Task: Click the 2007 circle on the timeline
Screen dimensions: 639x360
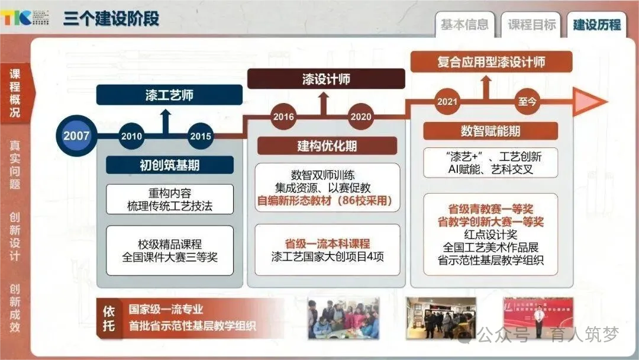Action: click(x=76, y=136)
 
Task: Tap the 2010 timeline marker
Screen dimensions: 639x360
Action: click(x=131, y=136)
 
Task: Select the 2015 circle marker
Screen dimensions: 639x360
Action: click(x=201, y=136)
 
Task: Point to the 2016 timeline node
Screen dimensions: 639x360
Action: click(x=283, y=117)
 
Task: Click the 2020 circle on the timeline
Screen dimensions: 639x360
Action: click(x=361, y=117)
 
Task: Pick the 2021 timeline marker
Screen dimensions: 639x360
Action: click(x=447, y=101)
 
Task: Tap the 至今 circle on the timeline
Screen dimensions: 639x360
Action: click(x=527, y=101)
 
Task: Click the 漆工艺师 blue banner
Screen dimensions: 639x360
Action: click(x=169, y=95)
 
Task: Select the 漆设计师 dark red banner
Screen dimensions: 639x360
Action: click(x=326, y=79)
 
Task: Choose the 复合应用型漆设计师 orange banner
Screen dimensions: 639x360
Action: click(x=491, y=62)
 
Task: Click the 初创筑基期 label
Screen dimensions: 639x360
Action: click(x=169, y=165)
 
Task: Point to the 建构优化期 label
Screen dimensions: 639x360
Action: click(x=327, y=146)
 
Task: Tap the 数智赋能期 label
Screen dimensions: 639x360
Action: click(x=490, y=131)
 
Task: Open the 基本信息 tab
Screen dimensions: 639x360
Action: click(x=465, y=24)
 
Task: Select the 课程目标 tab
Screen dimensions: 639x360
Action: click(x=532, y=24)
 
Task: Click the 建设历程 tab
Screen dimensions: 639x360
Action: click(x=597, y=24)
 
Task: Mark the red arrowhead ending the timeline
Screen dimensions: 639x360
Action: click(x=592, y=102)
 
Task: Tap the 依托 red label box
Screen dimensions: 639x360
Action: click(x=109, y=318)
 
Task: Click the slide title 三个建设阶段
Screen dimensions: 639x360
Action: click(x=111, y=18)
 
